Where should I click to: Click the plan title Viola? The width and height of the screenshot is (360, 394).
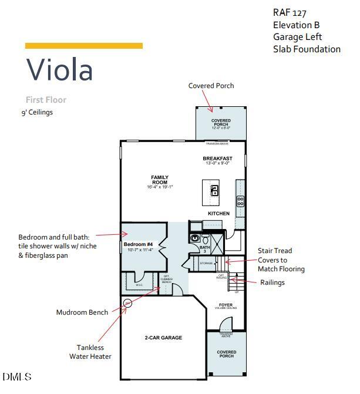(59, 69)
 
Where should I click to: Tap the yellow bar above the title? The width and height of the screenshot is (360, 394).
(83, 46)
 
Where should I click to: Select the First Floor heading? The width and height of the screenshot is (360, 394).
(46, 100)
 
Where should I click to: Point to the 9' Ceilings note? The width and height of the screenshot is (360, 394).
(37, 112)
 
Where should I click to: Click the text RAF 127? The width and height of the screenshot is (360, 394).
(290, 12)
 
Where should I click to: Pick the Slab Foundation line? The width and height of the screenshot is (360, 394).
(307, 49)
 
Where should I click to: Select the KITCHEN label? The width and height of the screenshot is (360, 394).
(218, 213)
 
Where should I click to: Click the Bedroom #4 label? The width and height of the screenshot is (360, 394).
(138, 244)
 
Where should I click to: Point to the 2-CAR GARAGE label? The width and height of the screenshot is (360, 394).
(163, 338)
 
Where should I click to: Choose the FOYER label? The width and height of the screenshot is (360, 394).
(226, 305)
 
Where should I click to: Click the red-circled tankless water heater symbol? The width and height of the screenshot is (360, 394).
(128, 303)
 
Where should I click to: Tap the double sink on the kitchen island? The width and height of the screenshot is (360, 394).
(215, 190)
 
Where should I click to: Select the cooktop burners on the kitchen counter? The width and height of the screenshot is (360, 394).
(240, 201)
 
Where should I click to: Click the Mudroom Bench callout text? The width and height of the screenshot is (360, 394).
(82, 312)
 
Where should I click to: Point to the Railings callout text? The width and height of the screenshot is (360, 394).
(272, 282)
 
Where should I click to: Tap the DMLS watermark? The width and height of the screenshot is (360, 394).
(17, 376)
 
